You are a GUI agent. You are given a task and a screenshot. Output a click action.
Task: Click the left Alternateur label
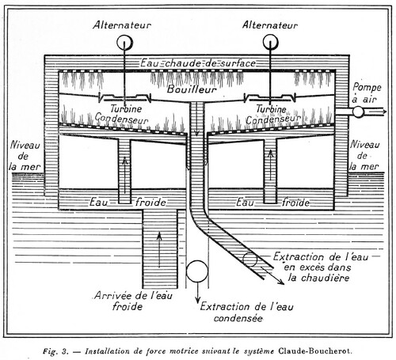pos(122,25)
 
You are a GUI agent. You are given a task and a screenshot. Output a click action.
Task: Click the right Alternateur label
pos(270,25)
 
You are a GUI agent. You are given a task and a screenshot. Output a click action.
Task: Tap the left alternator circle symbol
pos(125,43)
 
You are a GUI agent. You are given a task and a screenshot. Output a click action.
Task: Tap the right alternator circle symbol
pos(271,43)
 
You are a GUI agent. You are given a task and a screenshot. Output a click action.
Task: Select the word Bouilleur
pos(192,89)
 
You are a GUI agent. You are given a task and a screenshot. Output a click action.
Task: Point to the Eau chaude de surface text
pos(198,63)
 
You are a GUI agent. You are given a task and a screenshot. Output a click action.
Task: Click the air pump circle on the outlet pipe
pos(358,112)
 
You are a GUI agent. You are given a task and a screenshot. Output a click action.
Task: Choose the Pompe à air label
pos(367,93)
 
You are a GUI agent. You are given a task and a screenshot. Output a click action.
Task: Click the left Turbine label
pos(126,108)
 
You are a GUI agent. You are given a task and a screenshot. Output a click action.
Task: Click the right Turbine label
pos(271,109)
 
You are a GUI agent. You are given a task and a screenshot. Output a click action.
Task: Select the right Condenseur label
pos(273,119)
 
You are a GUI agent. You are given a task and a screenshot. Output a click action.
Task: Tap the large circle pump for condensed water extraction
pos(197,271)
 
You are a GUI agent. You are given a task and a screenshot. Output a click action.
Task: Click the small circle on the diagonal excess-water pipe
pos(250,260)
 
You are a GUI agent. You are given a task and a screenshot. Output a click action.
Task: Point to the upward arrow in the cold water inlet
pos(159,250)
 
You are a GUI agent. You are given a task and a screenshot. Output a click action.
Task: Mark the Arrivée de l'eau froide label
pos(133,301)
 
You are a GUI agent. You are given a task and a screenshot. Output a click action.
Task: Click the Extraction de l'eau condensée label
pos(246,313)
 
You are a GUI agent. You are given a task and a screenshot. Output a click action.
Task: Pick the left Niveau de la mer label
pos(25,156)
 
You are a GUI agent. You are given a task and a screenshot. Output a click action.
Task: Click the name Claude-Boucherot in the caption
pos(315,351)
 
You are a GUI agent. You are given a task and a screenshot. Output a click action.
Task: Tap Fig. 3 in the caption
pos(55,351)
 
